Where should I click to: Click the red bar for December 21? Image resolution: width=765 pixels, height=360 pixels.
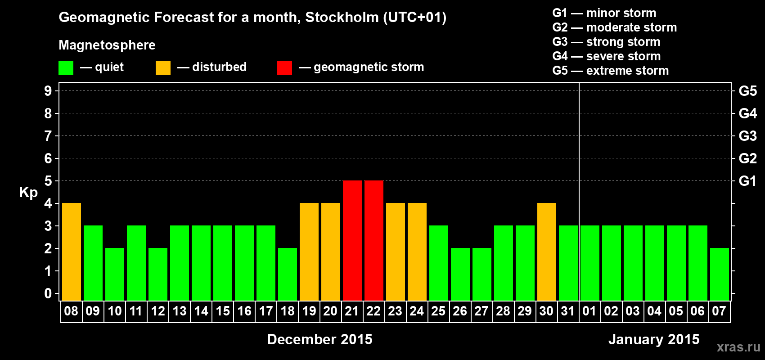coord(352,240)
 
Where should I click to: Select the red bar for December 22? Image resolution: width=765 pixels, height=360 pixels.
coord(373,240)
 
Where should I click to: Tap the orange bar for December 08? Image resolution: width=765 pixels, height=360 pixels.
coord(71,252)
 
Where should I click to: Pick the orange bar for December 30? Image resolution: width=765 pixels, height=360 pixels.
coord(546,252)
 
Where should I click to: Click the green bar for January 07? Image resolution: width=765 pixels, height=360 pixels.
coord(719,274)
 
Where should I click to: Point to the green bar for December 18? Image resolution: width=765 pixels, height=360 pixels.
coord(287,274)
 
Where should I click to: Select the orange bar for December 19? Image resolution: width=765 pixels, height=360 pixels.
coord(309,252)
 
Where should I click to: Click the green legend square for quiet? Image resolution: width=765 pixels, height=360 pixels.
coord(66,68)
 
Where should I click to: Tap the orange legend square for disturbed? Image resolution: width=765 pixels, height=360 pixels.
coord(163,68)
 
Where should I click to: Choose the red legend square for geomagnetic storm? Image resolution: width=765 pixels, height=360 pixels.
coord(284,68)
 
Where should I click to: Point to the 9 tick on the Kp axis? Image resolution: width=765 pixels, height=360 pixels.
coord(48,91)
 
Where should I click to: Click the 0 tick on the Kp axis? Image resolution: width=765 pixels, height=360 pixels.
coord(48,293)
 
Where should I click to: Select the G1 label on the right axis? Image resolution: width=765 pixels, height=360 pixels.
coord(747,181)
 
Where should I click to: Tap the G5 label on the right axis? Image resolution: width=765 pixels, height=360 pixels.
coord(747,91)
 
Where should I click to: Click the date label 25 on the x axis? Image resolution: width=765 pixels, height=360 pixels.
coord(438,311)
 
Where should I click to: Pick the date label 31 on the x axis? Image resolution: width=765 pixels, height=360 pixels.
coord(568,311)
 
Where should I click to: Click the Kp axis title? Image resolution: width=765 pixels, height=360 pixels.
coord(28,192)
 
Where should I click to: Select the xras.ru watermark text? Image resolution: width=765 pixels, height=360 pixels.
coord(738,346)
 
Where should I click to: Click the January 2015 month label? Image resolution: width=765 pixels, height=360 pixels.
coord(654,339)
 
